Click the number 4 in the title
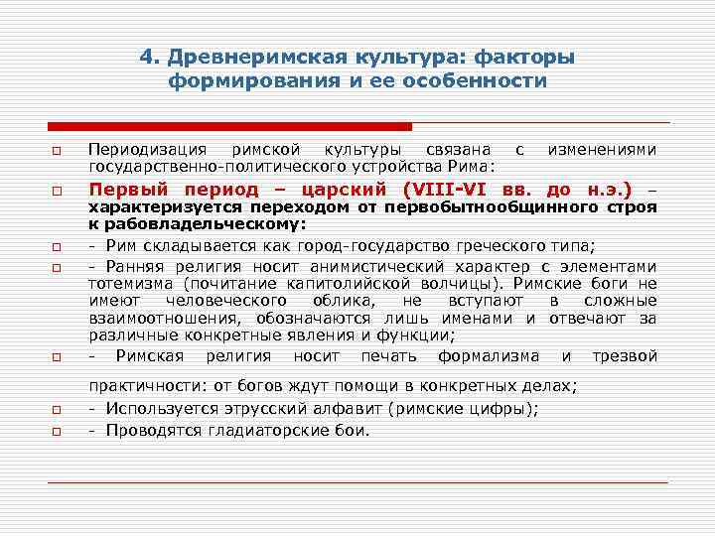(x=146, y=58)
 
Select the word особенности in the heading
(x=483, y=80)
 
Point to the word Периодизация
(x=147, y=149)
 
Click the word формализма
(x=489, y=355)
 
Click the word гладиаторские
(x=262, y=430)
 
